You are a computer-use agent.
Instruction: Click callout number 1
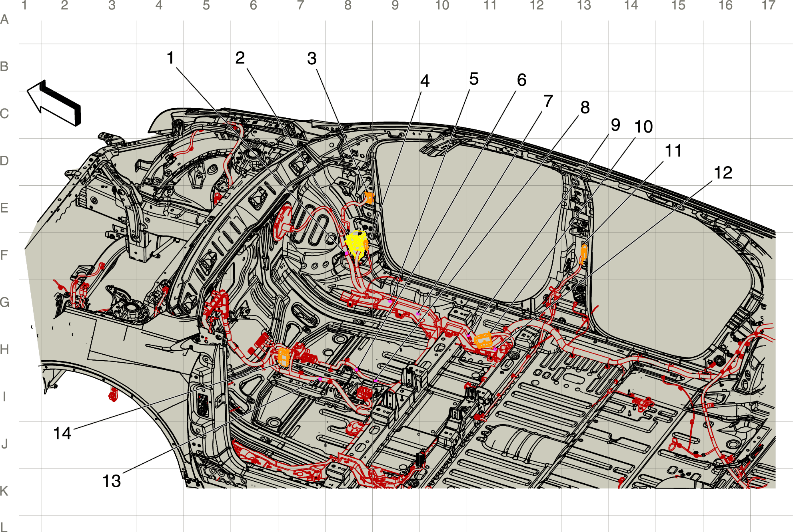(x=171, y=58)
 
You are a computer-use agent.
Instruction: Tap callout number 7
(x=548, y=101)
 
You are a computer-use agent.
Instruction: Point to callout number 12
(x=723, y=173)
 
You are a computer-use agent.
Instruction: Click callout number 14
(x=62, y=433)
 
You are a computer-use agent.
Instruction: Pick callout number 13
(x=112, y=481)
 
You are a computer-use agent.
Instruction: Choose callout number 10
(x=644, y=127)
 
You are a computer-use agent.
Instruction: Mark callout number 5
(x=474, y=79)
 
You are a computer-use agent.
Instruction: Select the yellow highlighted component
(x=356, y=243)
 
